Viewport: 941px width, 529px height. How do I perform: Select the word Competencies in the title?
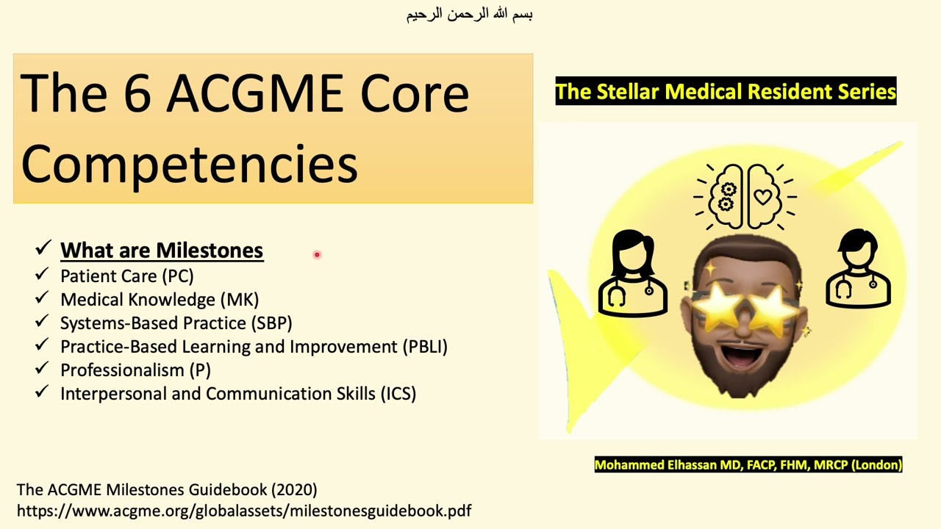point(189,164)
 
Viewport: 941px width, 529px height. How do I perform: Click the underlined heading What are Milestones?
point(162,251)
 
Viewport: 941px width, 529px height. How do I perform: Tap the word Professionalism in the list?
point(122,370)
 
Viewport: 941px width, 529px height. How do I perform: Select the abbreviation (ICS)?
point(398,394)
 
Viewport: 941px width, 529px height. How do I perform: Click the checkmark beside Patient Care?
point(42,276)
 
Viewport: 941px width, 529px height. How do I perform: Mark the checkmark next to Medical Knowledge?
point(42,299)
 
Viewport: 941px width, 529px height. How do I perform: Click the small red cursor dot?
point(317,255)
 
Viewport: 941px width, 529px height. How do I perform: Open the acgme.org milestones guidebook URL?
point(243,510)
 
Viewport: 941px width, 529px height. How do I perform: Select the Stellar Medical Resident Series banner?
point(726,91)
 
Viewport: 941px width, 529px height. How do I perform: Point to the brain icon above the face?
point(745,195)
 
